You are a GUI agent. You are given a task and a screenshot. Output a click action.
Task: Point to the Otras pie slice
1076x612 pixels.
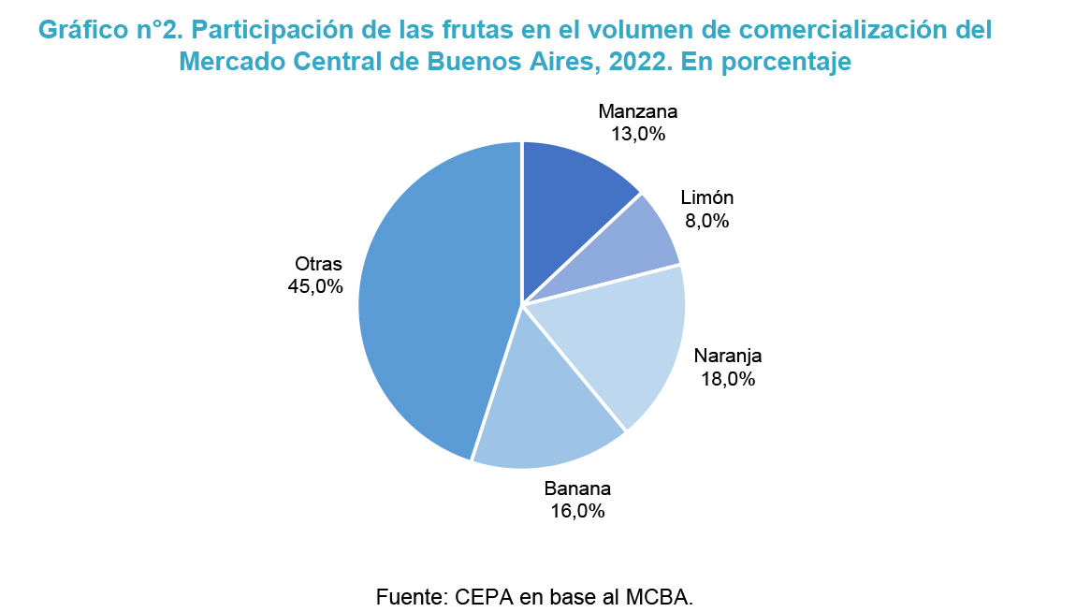coord(430,299)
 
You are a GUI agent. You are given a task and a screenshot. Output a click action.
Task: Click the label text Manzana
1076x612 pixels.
coord(638,111)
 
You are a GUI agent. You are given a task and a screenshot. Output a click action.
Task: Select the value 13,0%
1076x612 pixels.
coord(638,134)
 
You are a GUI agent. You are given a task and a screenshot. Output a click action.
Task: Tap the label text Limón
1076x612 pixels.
coord(706,198)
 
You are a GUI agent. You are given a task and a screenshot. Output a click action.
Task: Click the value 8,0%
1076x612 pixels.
coord(706,221)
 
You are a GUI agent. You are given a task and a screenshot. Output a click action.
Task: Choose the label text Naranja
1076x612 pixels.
coord(728,357)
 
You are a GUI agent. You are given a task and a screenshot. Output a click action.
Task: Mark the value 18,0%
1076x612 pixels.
coord(728,379)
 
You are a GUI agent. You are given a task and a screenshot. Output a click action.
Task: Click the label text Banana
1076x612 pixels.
coord(577,488)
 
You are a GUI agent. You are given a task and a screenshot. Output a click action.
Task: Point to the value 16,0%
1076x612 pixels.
coord(577,511)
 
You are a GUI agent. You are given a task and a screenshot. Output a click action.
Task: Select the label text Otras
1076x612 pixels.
coord(318,264)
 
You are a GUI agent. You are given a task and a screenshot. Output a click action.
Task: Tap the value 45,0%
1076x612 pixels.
coord(316,286)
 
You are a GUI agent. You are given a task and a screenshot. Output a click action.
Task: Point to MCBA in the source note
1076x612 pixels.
coord(660,596)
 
